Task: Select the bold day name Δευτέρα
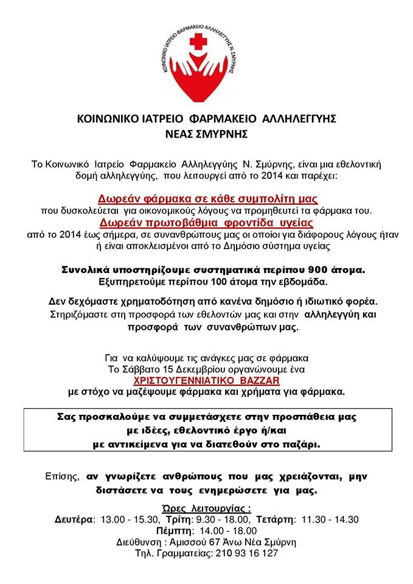[75, 520]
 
